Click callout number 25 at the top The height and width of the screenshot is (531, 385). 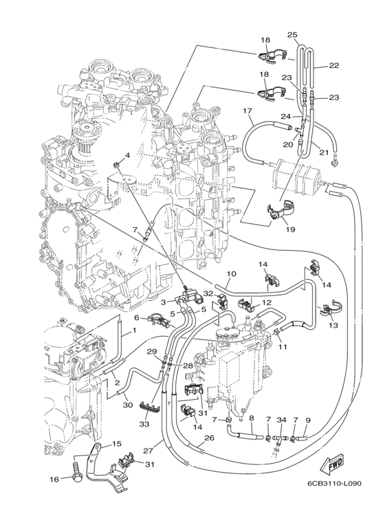(x=291, y=34)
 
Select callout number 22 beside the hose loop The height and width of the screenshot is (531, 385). (x=334, y=66)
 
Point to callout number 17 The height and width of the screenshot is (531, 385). (x=248, y=111)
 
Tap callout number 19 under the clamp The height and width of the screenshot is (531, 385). (x=290, y=229)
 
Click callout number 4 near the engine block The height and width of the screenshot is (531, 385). (x=126, y=156)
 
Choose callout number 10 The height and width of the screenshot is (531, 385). (x=231, y=273)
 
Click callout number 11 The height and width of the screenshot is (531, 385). (x=282, y=348)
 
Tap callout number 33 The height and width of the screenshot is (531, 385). (x=144, y=425)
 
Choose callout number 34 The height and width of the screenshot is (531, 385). (x=280, y=420)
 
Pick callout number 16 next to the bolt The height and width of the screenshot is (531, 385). (x=54, y=479)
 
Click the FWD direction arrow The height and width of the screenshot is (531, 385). (x=335, y=466)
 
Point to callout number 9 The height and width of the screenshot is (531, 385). (x=307, y=420)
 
